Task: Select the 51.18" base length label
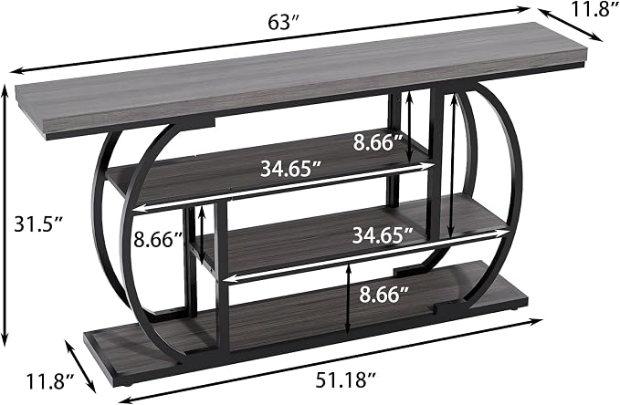pos(345,381)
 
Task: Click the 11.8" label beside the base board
pos(50,381)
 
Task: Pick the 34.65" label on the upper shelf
pos(290,169)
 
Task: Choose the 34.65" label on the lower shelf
pos(383,235)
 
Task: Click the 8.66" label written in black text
pos(158,240)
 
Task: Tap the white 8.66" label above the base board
pos(384,295)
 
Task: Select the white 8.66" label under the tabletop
pos(378,142)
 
